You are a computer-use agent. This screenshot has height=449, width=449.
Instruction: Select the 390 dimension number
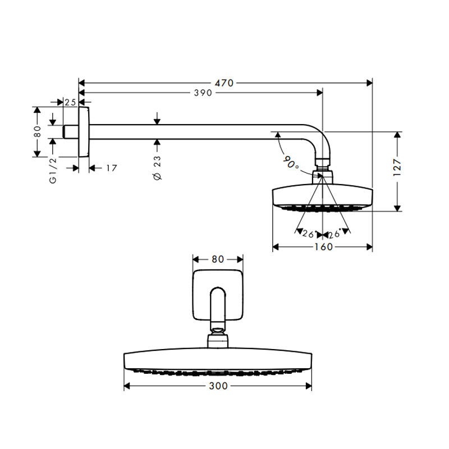pyautogui.click(x=203, y=93)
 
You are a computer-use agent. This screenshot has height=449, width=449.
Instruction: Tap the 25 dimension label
pyautogui.click(x=70, y=102)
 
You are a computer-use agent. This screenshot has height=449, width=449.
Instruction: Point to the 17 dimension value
pyautogui.click(x=112, y=168)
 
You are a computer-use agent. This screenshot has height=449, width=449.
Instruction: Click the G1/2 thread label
pyautogui.click(x=53, y=171)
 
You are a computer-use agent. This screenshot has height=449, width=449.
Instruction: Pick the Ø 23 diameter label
pyautogui.click(x=158, y=168)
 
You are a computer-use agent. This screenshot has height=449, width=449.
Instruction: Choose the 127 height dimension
pyautogui.click(x=397, y=167)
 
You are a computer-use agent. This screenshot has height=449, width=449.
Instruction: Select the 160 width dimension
pyautogui.click(x=324, y=247)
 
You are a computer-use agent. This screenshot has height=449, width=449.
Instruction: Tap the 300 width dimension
pyautogui.click(x=218, y=386)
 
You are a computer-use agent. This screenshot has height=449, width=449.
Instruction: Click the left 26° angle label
pyautogui.click(x=309, y=234)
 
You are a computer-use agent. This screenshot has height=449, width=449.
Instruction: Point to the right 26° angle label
pyautogui.click(x=334, y=234)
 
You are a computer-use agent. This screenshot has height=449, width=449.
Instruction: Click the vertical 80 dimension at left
pyautogui.click(x=38, y=132)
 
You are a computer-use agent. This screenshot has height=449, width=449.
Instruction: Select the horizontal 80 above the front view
pyautogui.click(x=218, y=259)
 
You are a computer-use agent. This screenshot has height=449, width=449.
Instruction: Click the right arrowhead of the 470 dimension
pyautogui.click(x=369, y=83)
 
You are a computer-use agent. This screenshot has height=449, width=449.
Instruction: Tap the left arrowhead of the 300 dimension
pyautogui.click(x=127, y=386)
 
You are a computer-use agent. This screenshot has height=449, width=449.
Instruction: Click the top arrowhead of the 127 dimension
pyautogui.click(x=397, y=135)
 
